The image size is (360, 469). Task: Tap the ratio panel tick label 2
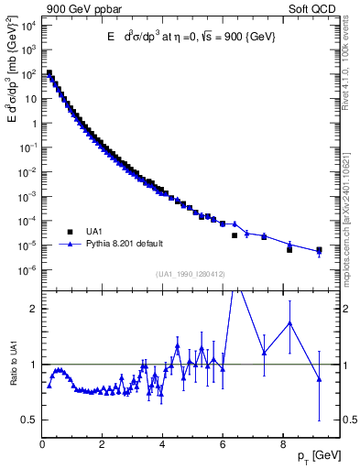tap(33, 309)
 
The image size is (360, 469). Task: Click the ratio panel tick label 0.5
tap(28, 420)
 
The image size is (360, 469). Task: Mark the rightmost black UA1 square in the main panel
tap(319, 250)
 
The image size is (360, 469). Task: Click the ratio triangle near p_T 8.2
tap(289, 323)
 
